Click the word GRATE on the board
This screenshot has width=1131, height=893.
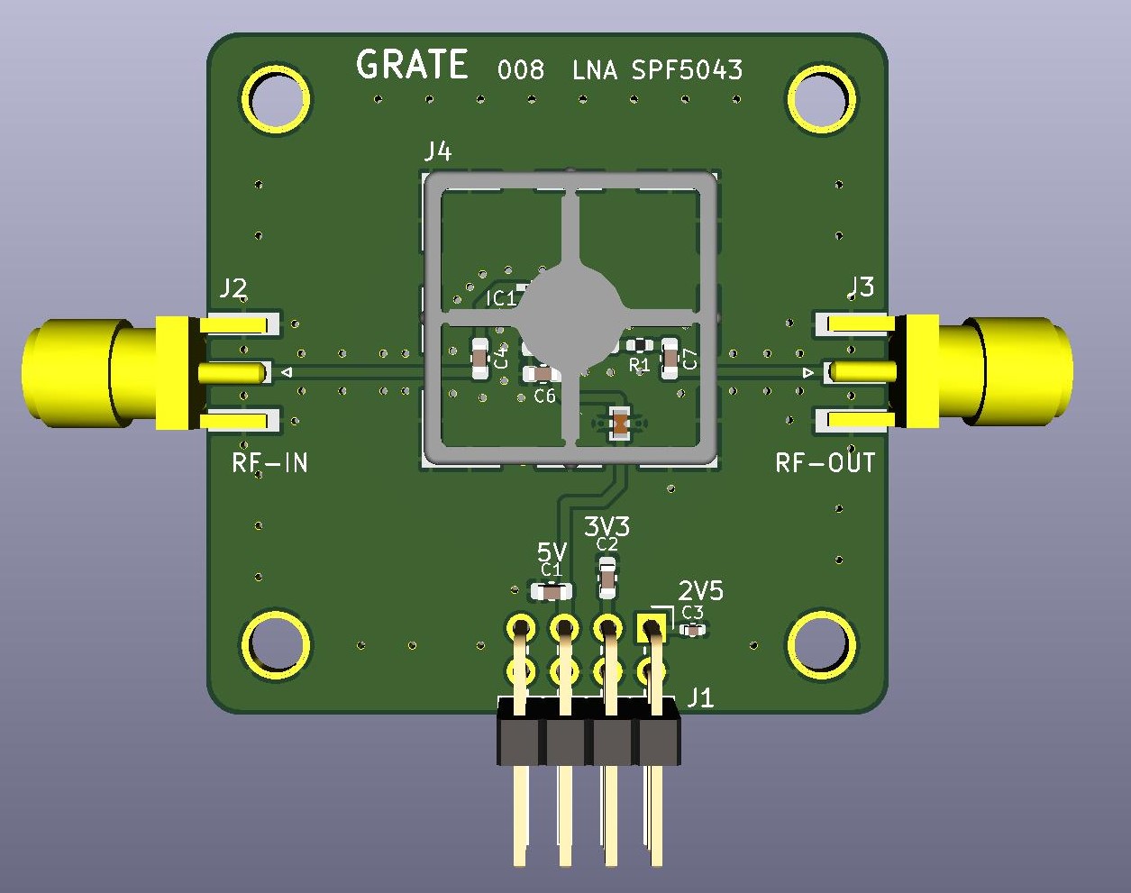412,64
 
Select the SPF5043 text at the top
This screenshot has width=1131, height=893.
687,70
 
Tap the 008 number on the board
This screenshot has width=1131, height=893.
521,70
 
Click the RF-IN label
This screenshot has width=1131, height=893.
269,462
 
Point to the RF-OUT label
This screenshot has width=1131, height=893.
825,462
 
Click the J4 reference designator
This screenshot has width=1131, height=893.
438,152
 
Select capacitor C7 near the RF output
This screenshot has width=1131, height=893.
670,359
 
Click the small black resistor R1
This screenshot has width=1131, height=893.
640,345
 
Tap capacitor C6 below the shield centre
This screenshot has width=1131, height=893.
542,374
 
